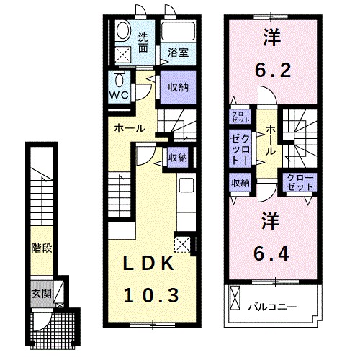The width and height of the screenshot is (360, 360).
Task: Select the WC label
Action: tap(119, 94)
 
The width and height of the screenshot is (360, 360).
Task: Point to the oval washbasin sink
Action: tap(122, 31)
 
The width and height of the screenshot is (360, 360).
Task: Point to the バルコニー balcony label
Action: tap(272, 307)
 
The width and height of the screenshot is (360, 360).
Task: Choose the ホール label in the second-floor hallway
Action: tap(269, 138)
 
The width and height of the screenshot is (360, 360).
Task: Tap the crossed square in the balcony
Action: tap(235, 295)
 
